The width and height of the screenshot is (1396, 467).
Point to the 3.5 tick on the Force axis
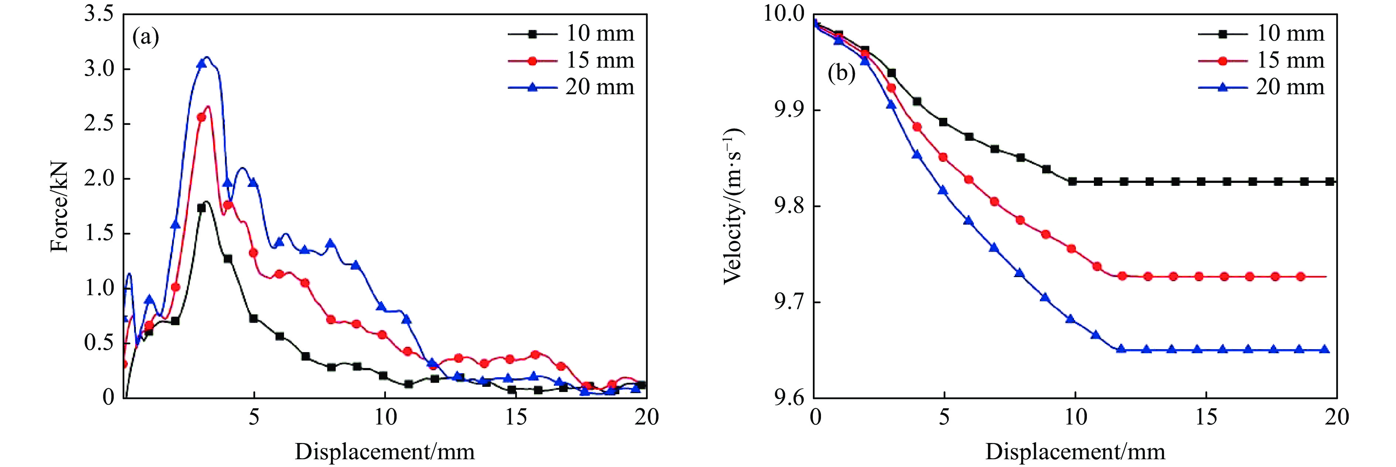pos(99,14)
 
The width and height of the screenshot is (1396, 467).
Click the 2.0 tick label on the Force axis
pos(99,178)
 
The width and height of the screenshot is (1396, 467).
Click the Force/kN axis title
pos(59,207)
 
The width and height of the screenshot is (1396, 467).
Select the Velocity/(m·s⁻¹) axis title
pos(733,207)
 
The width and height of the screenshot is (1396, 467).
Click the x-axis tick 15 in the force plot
pos(516,417)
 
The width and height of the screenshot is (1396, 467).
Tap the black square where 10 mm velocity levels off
pos(1072,181)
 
